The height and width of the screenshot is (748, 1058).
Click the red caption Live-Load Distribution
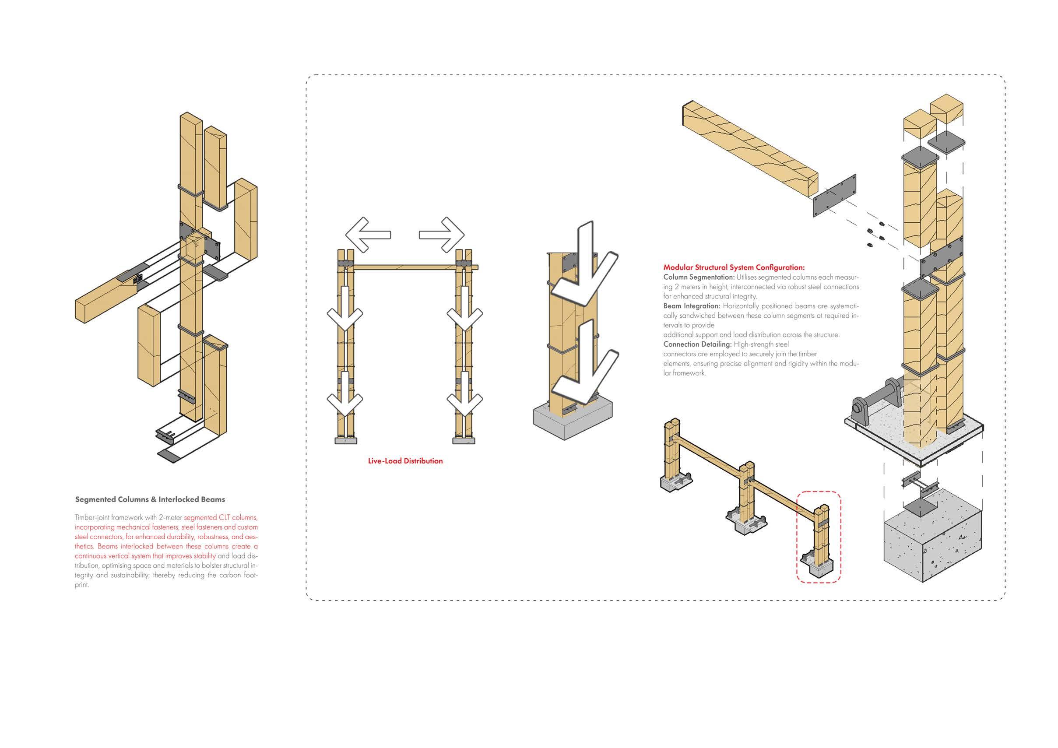[405, 461]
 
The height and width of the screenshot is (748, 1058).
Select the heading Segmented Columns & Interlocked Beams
[150, 499]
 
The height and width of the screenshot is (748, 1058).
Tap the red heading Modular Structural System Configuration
[734, 267]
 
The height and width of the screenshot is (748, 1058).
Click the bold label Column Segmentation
[699, 277]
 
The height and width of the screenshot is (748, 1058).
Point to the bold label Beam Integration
[691, 306]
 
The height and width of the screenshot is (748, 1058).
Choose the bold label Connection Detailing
[697, 344]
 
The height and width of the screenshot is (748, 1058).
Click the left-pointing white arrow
[367, 235]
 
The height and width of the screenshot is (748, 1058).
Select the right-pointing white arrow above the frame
[443, 235]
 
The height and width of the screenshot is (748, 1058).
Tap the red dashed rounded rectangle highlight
[819, 537]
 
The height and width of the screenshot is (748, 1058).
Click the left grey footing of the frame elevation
[346, 441]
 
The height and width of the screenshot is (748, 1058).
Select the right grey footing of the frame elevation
[464, 441]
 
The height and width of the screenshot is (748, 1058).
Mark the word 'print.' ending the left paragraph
[81, 585]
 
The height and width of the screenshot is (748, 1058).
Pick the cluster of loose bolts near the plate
[875, 235]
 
